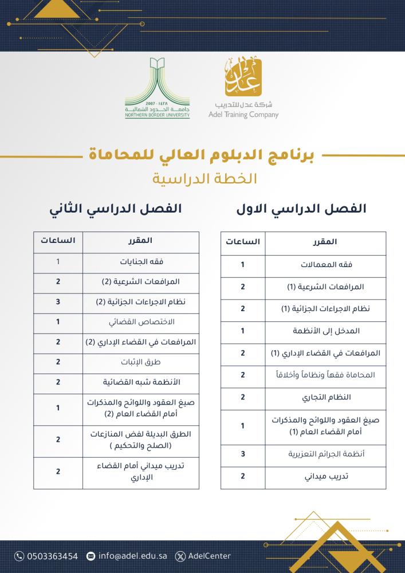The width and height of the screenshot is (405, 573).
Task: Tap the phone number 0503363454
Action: [x=52, y=556]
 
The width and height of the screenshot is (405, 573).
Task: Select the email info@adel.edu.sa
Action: [x=131, y=556]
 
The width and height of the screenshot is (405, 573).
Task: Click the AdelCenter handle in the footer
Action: [x=209, y=556]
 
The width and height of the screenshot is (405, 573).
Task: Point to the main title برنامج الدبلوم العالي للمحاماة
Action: [x=203, y=155]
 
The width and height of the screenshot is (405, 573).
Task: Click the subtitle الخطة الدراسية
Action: [x=203, y=178]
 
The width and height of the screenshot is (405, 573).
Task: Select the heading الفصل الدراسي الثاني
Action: [x=115, y=209]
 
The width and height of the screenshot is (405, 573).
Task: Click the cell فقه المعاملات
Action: [x=325, y=265]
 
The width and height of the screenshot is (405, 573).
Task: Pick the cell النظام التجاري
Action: [x=325, y=397]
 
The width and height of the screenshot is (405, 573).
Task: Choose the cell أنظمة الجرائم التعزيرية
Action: [x=325, y=454]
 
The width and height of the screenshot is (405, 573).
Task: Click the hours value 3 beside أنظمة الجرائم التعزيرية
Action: [x=242, y=454]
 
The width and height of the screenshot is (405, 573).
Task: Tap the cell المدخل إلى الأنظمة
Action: [x=325, y=331]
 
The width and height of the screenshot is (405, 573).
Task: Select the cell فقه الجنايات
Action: [x=141, y=262]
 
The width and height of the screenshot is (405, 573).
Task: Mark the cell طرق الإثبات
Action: [x=141, y=362]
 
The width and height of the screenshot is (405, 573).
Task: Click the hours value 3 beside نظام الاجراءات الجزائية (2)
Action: [x=58, y=302]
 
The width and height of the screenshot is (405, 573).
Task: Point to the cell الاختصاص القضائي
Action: [x=141, y=322]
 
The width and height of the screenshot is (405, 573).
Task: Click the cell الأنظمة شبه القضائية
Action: [x=141, y=382]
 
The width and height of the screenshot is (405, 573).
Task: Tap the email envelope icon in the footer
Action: [x=91, y=556]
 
